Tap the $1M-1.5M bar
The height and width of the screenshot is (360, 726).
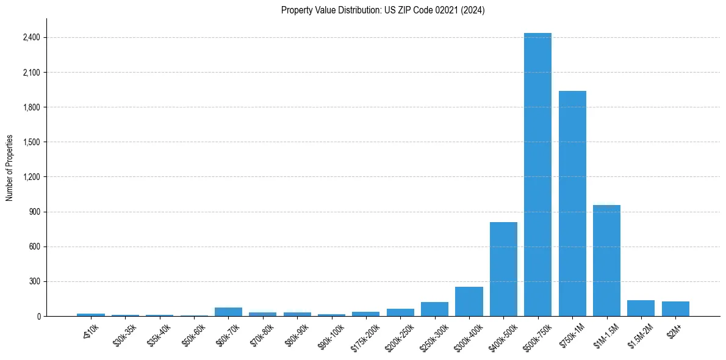[x=606, y=261]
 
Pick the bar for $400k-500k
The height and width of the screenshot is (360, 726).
[x=503, y=269]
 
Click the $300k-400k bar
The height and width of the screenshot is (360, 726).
[x=469, y=301]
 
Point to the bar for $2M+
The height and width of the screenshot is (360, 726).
[x=675, y=309]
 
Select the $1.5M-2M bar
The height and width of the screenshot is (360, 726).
[x=641, y=308]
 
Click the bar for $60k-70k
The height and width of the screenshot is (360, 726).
[x=228, y=312]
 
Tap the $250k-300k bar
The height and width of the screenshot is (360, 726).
[x=434, y=309]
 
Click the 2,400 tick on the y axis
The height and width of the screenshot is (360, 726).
[x=31, y=38]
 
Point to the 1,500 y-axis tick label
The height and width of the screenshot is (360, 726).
[x=31, y=142]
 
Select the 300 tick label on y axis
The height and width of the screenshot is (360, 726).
[x=35, y=281]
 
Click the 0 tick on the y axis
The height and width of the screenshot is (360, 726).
[x=38, y=316]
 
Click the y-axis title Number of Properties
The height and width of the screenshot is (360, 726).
[x=10, y=168]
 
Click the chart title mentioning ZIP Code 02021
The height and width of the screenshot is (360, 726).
[x=383, y=10]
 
